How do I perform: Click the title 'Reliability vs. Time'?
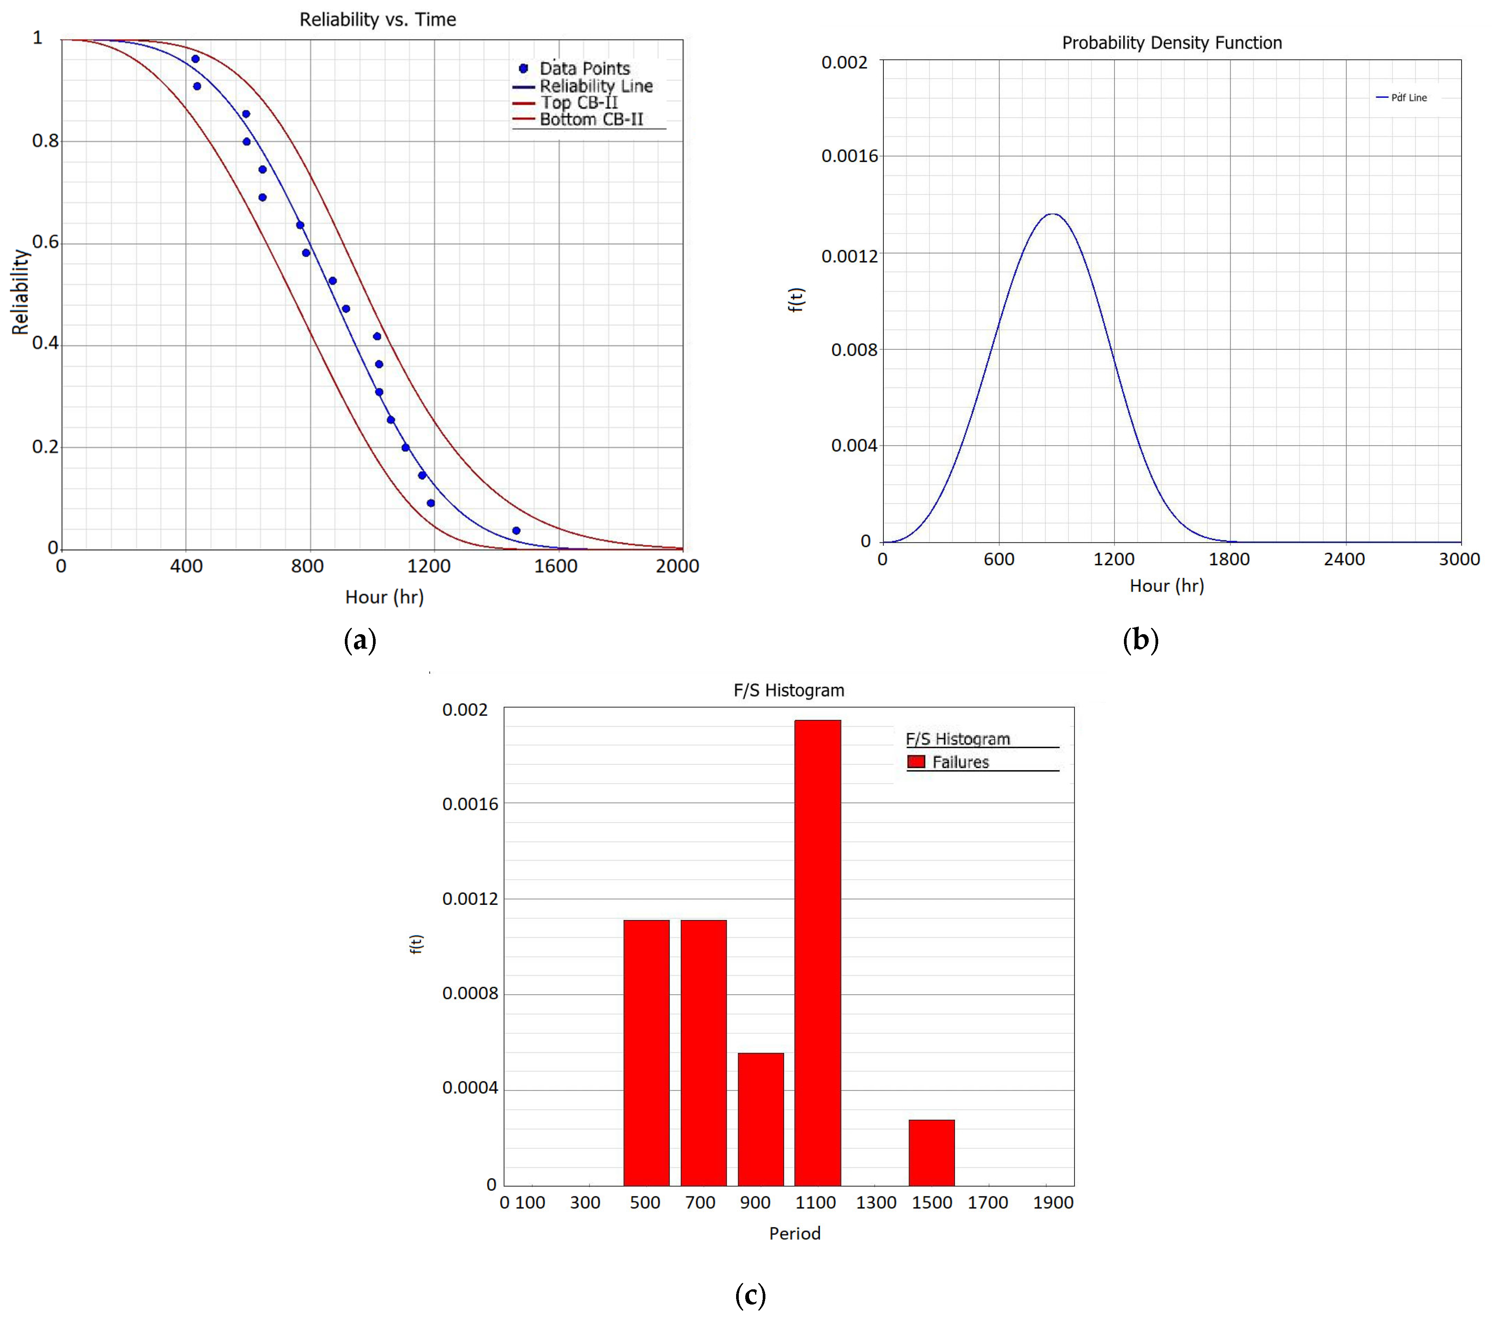[378, 20]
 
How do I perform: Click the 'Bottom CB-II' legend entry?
[591, 120]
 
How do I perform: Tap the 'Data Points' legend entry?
[584, 69]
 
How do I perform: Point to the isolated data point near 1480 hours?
[516, 531]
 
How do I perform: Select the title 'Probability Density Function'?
[1172, 43]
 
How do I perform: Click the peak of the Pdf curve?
[1052, 214]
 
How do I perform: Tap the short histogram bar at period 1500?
[931, 1153]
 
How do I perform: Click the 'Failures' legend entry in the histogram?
[959, 762]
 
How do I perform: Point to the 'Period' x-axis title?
[794, 1234]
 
